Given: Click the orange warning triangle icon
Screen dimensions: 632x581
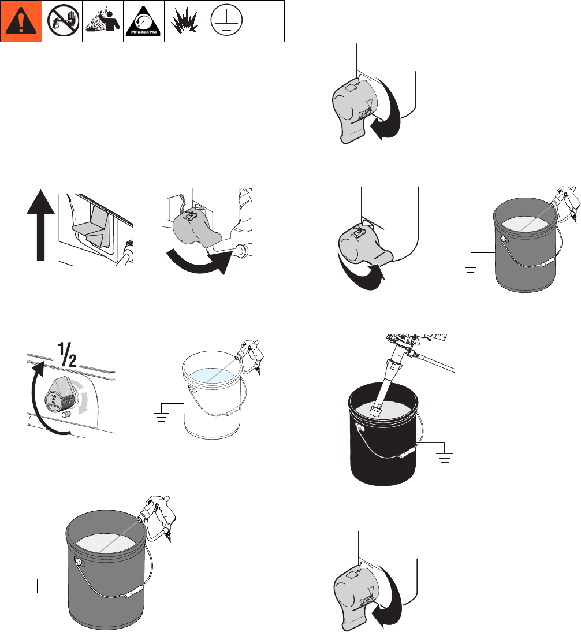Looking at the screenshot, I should [x=21, y=21].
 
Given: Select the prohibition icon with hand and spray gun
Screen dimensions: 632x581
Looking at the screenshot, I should [x=62, y=21].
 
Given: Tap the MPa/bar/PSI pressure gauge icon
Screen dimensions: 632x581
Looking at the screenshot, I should [x=144, y=21].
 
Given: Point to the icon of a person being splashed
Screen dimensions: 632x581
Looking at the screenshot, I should [x=103, y=21].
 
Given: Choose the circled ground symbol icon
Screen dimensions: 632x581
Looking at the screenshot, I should [x=226, y=21].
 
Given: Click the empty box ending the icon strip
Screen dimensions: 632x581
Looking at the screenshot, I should [x=265, y=21].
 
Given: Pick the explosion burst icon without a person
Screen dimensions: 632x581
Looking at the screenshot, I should [x=185, y=21].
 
